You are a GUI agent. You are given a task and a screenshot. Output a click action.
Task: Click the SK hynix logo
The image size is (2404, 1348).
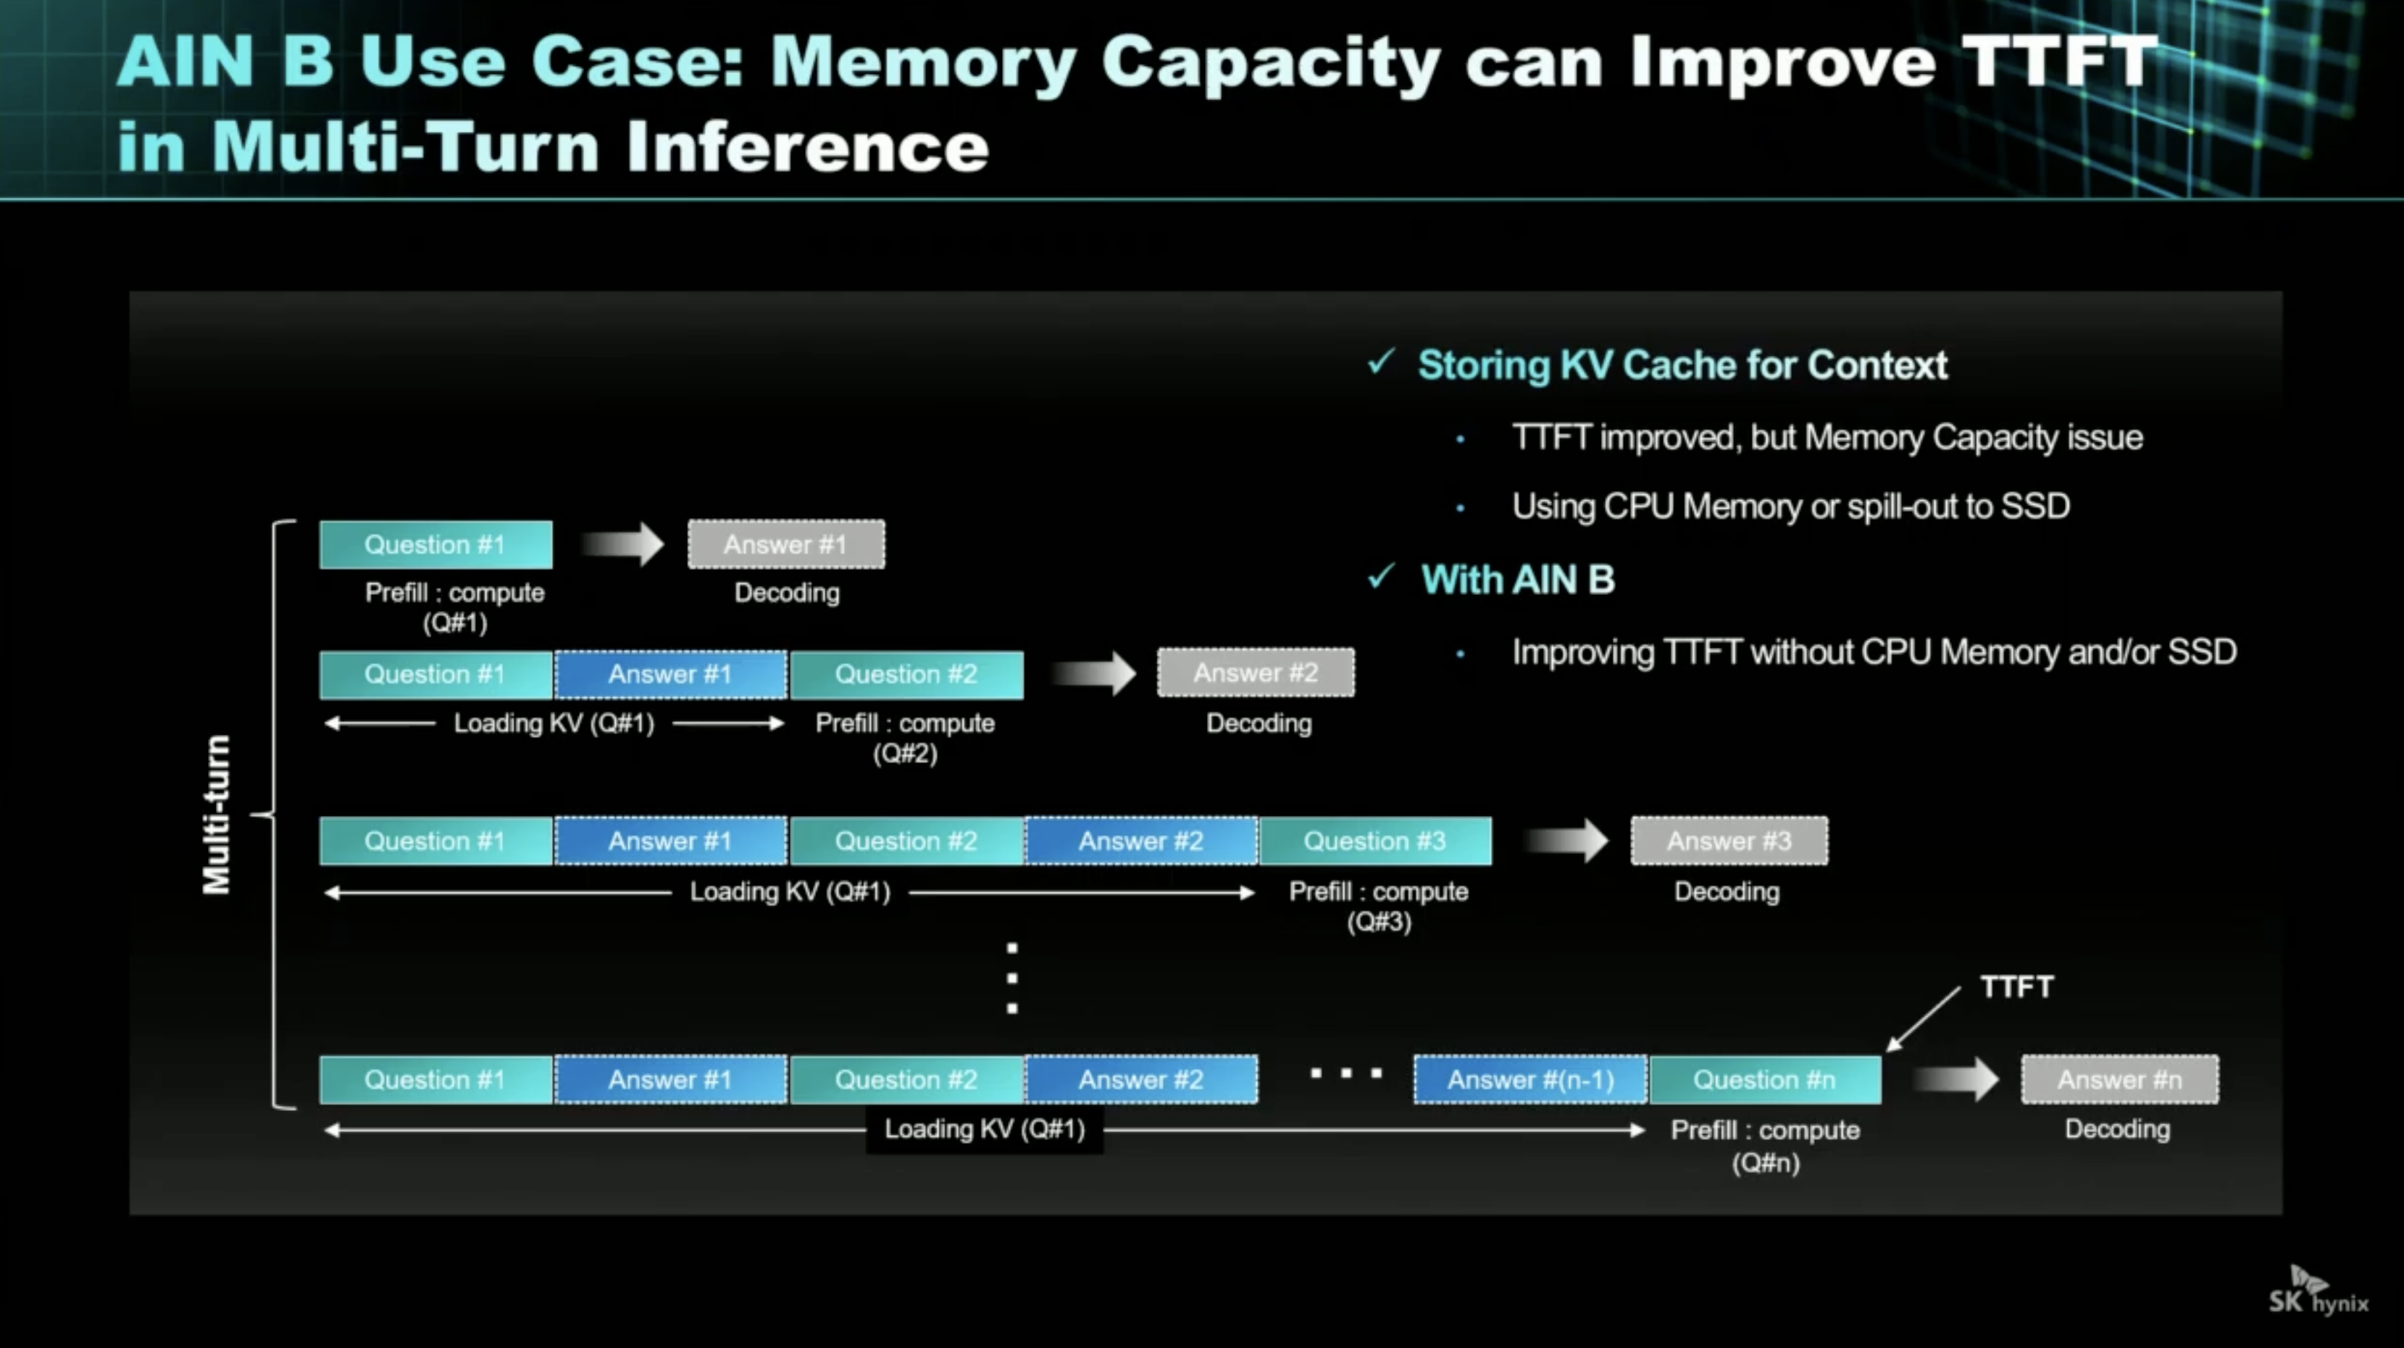2319,1291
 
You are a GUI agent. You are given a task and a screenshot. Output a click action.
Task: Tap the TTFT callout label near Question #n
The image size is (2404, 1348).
2016,987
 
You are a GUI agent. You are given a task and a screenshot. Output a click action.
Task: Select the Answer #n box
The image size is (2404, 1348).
2120,1080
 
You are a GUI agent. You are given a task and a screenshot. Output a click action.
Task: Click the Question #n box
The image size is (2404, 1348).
1765,1080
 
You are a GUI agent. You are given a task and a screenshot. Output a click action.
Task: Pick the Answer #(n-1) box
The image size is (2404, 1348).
1530,1080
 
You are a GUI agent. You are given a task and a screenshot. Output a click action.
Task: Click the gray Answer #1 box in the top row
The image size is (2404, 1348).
786,544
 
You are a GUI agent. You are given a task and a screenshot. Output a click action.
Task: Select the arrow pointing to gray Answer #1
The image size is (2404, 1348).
622,544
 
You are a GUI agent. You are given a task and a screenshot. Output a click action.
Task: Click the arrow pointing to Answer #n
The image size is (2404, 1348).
1955,1079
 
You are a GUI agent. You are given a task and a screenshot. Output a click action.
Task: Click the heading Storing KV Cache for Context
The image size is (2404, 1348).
1682,365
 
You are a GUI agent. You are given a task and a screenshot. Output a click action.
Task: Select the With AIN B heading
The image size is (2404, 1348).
1517,580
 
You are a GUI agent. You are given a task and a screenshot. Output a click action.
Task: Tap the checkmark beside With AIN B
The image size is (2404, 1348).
1381,577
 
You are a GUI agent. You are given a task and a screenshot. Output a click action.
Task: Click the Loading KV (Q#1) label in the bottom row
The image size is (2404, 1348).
985,1130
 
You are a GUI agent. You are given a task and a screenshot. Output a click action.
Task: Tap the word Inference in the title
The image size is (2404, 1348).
807,148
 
